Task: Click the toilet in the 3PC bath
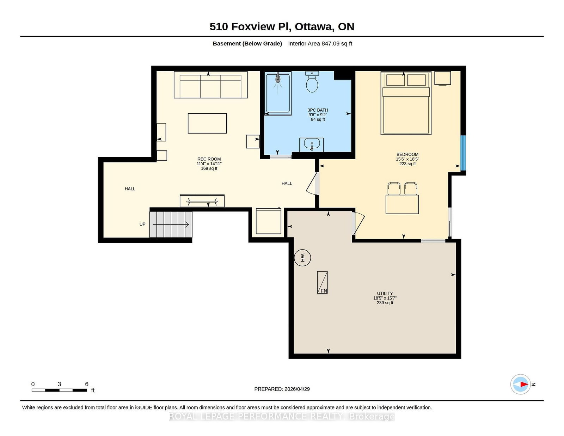click(x=312, y=82)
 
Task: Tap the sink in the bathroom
click(x=312, y=145)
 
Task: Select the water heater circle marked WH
click(x=302, y=258)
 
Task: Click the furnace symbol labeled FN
click(x=322, y=282)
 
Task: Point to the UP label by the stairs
click(x=142, y=224)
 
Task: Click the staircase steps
click(x=171, y=225)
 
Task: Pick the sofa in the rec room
click(x=210, y=85)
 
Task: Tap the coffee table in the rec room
click(x=207, y=123)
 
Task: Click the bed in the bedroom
click(x=406, y=103)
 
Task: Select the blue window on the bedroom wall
click(x=463, y=153)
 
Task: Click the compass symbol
click(x=520, y=384)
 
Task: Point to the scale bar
click(x=59, y=390)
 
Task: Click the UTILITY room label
click(x=385, y=293)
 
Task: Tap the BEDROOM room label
click(x=407, y=154)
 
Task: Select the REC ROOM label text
click(x=209, y=159)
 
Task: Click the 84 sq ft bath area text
click(x=318, y=119)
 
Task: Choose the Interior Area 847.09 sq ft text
click(x=320, y=44)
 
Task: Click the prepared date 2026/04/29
click(x=297, y=389)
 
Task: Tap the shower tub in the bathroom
click(x=278, y=93)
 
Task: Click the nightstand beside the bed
click(x=442, y=78)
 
